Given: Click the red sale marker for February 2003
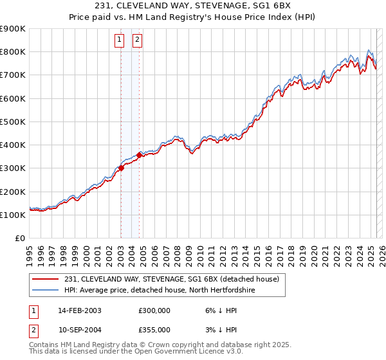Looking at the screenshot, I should (x=121, y=168).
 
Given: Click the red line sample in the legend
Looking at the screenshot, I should (x=46, y=279).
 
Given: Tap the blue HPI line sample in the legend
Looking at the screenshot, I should (x=46, y=290).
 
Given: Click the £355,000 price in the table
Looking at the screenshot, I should (x=154, y=329).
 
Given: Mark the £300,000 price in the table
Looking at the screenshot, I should (x=154, y=310).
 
